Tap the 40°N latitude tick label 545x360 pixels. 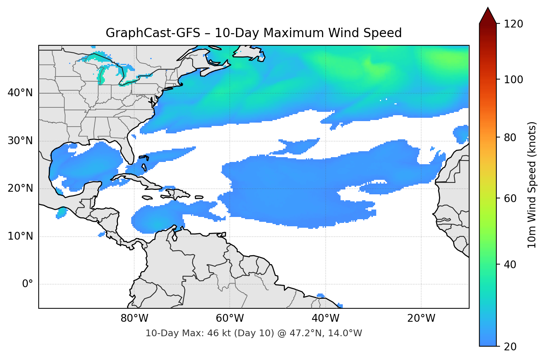(20, 93)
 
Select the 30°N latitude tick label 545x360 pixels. (20, 141)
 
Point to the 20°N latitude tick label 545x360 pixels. (20, 188)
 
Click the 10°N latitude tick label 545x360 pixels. (20, 236)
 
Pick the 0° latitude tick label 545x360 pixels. (27, 284)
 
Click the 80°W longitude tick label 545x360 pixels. (134, 318)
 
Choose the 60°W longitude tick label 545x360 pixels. (230, 318)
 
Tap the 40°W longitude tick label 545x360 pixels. (325, 318)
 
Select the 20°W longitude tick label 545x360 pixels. (421, 318)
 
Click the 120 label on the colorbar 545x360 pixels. (513, 24)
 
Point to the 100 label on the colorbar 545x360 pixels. (513, 80)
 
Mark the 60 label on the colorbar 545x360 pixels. (510, 198)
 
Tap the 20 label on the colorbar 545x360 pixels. (510, 347)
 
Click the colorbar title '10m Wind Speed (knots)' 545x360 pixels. (532, 185)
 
